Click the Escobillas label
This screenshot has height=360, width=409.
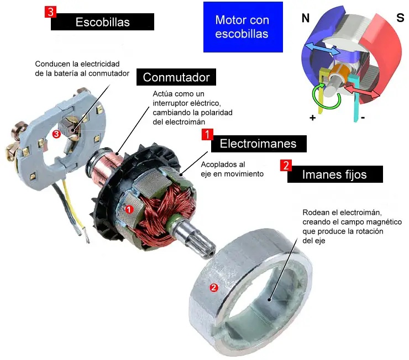(x=102, y=22)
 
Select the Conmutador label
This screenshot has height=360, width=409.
(x=176, y=77)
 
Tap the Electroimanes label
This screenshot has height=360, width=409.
(x=258, y=144)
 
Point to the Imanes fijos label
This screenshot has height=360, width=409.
(x=334, y=174)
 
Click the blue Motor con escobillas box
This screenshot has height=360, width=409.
(x=242, y=27)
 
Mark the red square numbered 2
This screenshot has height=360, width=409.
(x=286, y=165)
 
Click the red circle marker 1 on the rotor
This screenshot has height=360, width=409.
(x=128, y=209)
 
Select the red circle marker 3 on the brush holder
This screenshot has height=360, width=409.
(x=56, y=133)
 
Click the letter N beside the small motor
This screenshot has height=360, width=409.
(x=305, y=18)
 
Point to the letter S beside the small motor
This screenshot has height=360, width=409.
(x=400, y=18)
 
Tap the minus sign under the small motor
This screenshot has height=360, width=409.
(x=363, y=118)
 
